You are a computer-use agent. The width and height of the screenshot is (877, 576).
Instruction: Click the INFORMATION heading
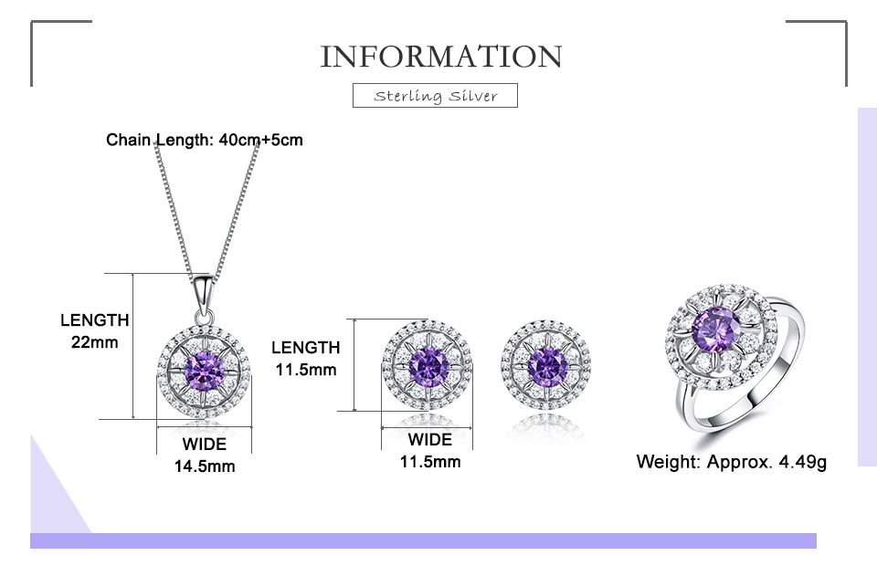coord(440,56)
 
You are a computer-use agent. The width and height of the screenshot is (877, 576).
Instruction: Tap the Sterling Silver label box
coord(435,95)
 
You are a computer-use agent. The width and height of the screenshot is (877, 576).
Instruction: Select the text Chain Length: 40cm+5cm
coord(205,140)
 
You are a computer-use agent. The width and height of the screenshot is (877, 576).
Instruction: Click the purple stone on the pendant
coord(204,370)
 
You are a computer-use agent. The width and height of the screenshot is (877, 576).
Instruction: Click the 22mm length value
coord(95,342)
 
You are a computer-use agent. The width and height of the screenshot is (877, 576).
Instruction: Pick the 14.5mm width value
coord(205,466)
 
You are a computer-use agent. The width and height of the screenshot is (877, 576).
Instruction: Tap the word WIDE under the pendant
coord(205,445)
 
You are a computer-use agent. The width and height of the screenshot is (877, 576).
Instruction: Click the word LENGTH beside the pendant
coord(95,320)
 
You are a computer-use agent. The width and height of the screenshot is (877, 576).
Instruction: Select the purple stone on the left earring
coord(426,365)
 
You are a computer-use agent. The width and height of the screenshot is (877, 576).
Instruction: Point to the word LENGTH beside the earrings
coord(306,348)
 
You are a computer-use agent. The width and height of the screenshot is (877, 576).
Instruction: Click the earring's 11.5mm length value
coord(306,370)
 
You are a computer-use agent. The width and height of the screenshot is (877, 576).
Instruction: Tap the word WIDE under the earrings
coord(430,440)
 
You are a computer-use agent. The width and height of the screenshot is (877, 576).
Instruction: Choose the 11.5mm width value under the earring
coord(430,462)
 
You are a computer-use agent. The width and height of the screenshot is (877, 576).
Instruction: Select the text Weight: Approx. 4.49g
coord(732,462)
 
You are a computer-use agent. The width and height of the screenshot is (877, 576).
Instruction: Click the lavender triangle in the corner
coord(50,497)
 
